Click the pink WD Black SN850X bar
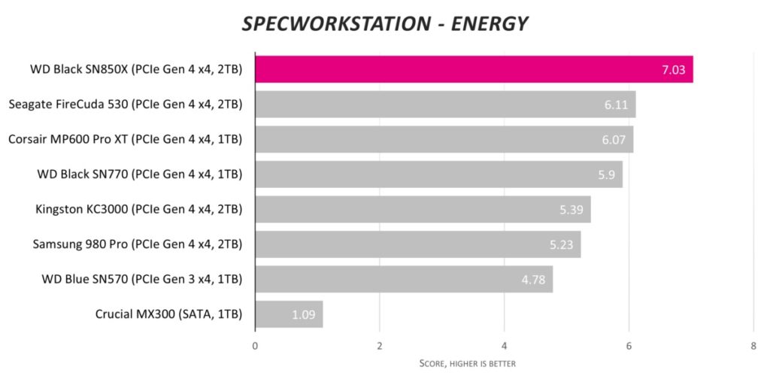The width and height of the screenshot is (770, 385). tap(474, 69)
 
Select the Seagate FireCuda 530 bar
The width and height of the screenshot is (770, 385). tap(445, 105)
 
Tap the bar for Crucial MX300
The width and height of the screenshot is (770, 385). tap(289, 314)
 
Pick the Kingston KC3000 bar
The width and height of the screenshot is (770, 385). tap(423, 209)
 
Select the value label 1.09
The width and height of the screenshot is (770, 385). tap(304, 314)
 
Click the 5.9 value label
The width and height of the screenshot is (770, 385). tap(608, 174)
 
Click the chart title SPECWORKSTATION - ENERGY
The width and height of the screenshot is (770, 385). tap(384, 24)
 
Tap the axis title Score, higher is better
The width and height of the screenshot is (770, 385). tap(467, 364)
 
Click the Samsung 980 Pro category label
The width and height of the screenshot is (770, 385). tap(138, 244)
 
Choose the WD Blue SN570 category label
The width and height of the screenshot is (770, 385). tap(142, 279)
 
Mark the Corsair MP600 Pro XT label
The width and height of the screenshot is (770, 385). tap(126, 139)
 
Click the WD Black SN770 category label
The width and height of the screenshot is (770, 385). tap(140, 174)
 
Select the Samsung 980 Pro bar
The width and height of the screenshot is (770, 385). tap(417, 244)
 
